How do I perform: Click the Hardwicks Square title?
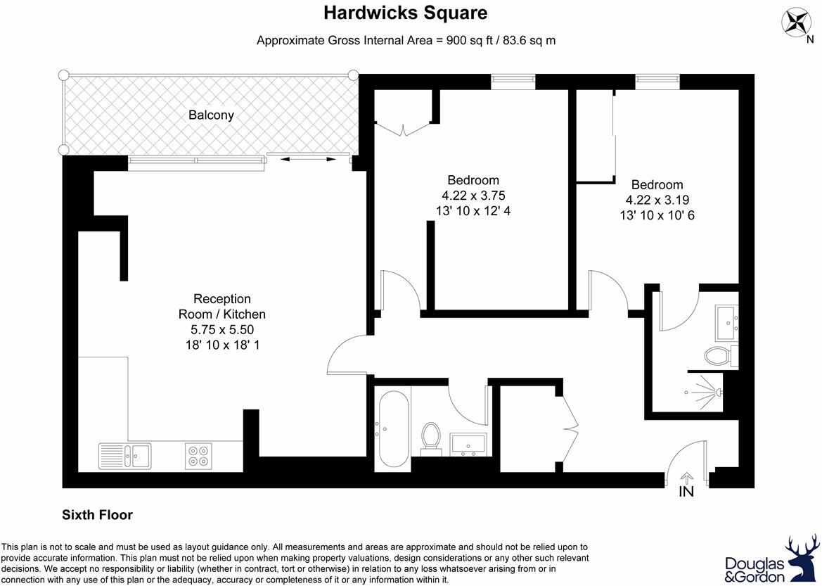[x=405, y=13]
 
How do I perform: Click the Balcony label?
[x=211, y=115]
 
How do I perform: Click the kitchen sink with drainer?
[x=124, y=455]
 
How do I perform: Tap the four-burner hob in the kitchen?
[x=198, y=455]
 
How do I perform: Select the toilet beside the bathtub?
[x=430, y=436]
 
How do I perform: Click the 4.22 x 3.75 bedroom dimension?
[x=473, y=196]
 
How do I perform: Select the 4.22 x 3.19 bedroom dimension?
[x=657, y=200]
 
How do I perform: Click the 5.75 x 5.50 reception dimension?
[x=221, y=329]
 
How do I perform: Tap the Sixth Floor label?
[x=98, y=515]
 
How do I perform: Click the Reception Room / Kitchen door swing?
[x=345, y=355]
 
